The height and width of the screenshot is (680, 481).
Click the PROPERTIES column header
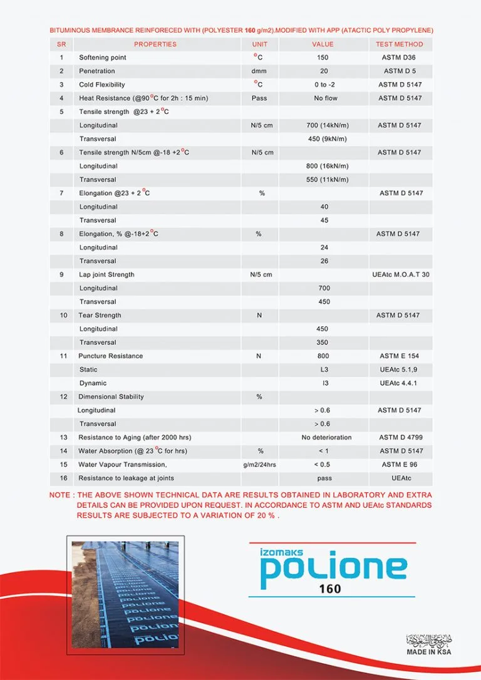155,44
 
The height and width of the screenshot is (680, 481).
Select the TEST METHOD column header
400,44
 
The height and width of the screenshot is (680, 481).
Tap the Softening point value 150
323,58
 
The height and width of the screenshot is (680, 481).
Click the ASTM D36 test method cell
400,58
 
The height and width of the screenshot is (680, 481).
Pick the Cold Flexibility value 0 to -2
323,85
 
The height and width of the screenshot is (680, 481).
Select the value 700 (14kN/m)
324,125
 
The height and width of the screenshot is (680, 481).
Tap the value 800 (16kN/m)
324,166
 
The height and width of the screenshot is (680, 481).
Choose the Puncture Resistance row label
110,356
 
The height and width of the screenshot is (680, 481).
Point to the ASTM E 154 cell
400,356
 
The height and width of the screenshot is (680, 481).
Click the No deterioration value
326,437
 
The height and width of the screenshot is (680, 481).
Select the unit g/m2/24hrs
259,465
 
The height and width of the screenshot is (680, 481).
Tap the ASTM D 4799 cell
400,437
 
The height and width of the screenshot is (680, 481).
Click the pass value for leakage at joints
324,478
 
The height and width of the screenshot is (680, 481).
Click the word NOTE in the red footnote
59,495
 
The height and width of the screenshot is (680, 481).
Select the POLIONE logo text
333,567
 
